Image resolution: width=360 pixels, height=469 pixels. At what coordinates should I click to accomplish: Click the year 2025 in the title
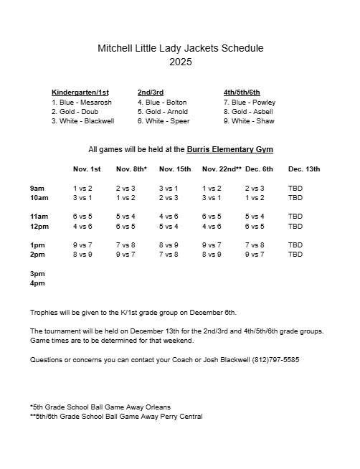coord(180,62)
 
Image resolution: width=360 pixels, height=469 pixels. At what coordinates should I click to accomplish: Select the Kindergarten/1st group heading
coord(81,93)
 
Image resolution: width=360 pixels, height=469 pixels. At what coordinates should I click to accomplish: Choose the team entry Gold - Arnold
coord(163,112)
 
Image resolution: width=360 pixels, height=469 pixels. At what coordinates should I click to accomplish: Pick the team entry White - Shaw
coord(248,121)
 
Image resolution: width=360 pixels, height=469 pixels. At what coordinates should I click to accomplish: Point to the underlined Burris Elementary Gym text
coord(229,149)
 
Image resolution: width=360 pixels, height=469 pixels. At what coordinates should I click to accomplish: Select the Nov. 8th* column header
coord(131,169)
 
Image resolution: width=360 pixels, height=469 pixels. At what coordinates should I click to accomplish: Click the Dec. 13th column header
coord(304,169)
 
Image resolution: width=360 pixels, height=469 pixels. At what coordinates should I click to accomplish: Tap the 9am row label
coord(37,188)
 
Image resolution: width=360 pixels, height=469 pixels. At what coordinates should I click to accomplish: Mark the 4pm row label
coord(37,283)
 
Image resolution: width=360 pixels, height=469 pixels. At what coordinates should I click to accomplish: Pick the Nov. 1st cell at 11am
coord(82,217)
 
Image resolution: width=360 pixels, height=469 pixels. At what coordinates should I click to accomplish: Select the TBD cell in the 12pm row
coord(295,226)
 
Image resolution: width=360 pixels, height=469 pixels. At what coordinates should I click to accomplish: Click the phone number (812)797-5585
coord(275,359)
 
